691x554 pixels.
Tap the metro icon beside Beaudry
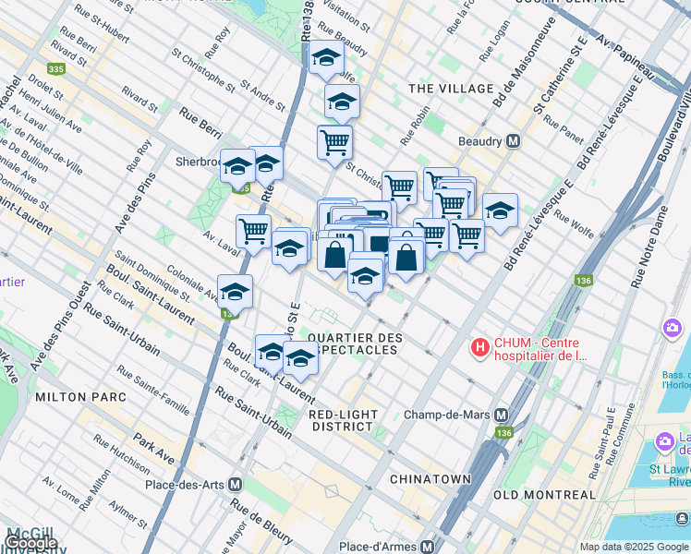(513, 142)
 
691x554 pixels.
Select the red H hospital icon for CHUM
(480, 348)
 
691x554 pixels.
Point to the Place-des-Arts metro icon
(236, 484)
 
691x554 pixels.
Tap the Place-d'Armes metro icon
(427, 547)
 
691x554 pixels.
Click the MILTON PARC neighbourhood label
(74, 396)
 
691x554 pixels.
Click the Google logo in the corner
(30, 542)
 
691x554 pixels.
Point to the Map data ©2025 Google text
(633, 547)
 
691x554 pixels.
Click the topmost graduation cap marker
(326, 59)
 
